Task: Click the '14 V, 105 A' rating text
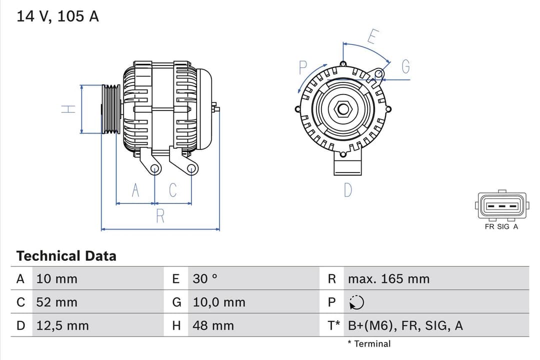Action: point(57,16)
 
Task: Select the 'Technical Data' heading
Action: point(66,256)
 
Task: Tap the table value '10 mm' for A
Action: point(56,279)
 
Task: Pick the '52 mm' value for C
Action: point(56,302)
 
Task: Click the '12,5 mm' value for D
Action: point(62,326)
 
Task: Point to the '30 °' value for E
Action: point(205,279)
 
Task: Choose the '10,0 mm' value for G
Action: point(219,302)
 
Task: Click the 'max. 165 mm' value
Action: point(388,279)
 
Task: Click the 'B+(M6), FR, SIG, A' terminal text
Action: point(405,326)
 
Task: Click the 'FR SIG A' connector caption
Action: point(501,226)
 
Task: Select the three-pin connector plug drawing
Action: point(501,205)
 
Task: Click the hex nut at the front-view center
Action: point(343,109)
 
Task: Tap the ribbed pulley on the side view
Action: point(111,109)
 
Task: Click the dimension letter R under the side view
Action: point(160,216)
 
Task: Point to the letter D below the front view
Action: point(348,190)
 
